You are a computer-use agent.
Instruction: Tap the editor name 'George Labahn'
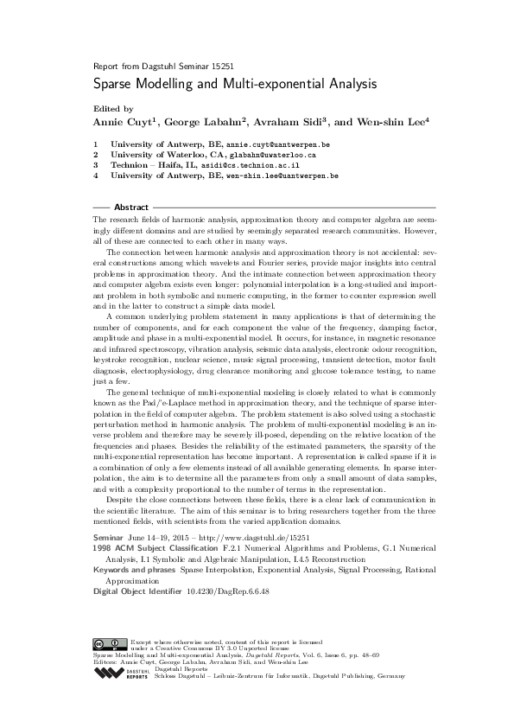pyautogui.click(x=208, y=122)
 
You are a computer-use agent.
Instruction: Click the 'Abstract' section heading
pyautogui.click(x=131, y=208)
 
